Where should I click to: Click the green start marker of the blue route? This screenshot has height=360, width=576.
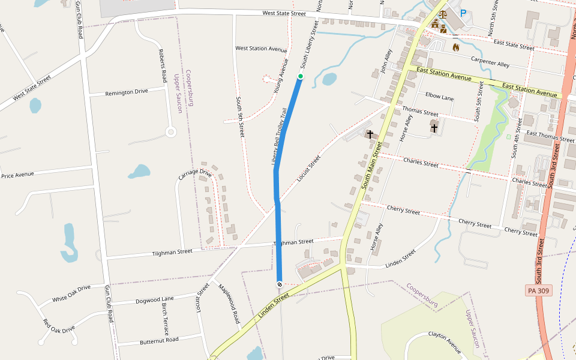click(x=301, y=76)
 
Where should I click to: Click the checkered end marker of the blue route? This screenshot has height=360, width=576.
click(x=280, y=283)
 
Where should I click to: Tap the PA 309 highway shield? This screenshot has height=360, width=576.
click(x=538, y=290)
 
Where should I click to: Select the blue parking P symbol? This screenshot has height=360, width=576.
click(x=463, y=13)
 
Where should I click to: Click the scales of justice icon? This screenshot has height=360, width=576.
click(x=443, y=13)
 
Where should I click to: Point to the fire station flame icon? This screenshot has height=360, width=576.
click(x=455, y=47)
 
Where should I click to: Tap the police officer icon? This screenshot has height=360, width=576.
click(x=435, y=24)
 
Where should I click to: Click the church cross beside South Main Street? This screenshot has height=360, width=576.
click(x=370, y=134)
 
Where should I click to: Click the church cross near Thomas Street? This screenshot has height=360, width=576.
click(x=434, y=127)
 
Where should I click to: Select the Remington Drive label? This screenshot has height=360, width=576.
click(x=126, y=92)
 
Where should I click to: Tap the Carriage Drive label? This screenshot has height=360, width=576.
click(x=195, y=175)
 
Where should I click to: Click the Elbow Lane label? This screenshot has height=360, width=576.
click(x=439, y=95)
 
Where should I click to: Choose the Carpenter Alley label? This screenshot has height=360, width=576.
click(x=490, y=62)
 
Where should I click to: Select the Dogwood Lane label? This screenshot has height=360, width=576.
click(x=154, y=299)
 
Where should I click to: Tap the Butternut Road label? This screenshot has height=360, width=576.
click(x=159, y=340)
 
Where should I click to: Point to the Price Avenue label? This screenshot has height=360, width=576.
click(x=17, y=175)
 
